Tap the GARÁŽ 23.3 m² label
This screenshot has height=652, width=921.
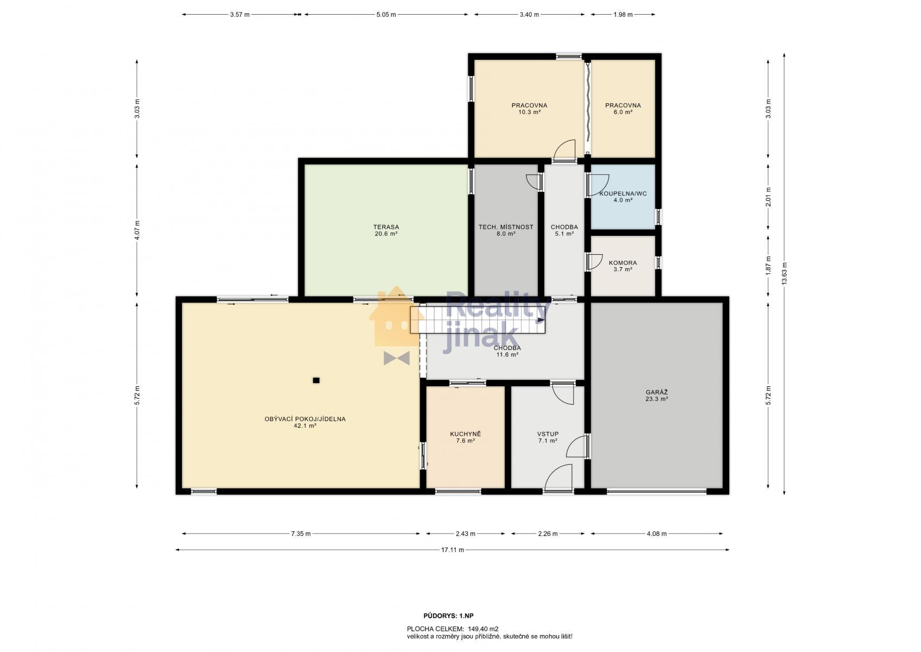pos(657,396)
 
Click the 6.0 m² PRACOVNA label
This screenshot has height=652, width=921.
pos(623,109)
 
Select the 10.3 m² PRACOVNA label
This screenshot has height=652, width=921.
pos(529,109)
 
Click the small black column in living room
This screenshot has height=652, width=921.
pos(316,380)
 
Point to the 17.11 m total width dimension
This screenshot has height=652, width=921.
pos(452,549)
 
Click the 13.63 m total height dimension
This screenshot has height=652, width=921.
pos(784,274)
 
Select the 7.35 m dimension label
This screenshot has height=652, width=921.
pos(301,534)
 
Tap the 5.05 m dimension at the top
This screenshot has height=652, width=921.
pos(386,15)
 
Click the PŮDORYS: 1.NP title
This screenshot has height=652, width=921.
pos(448,616)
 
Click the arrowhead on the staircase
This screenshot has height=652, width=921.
pos(542,320)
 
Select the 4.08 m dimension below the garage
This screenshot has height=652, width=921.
pos(657,534)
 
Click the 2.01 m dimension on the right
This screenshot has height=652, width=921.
pos(768,197)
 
